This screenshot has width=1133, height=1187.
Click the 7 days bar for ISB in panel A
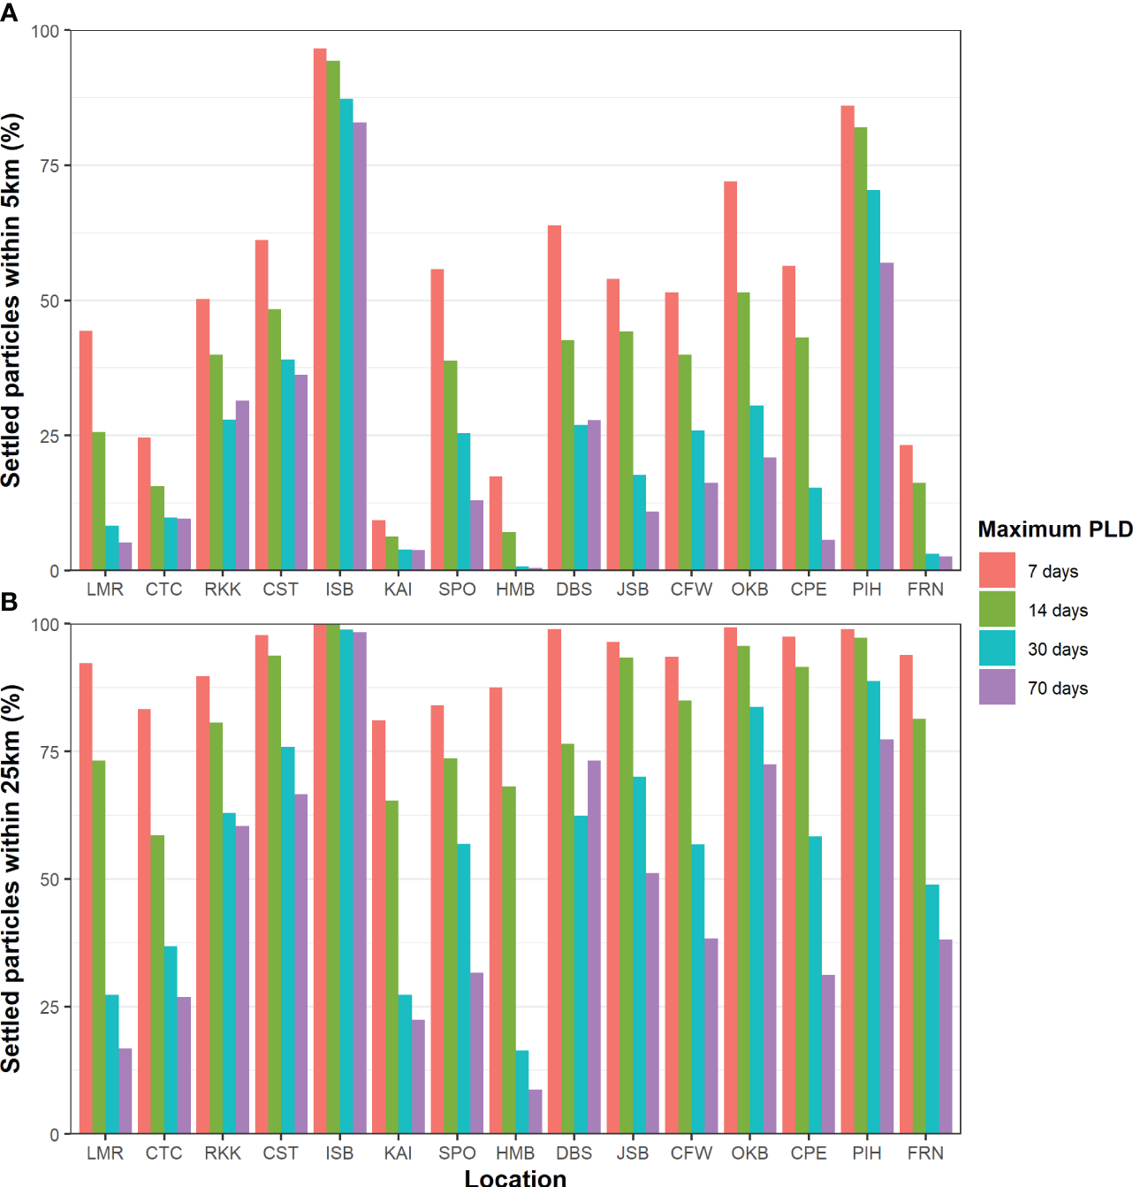320,309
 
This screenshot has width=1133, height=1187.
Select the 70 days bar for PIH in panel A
886,416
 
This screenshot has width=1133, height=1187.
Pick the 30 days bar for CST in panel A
288,465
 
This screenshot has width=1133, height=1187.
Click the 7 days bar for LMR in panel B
86,898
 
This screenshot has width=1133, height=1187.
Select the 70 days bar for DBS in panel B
594,947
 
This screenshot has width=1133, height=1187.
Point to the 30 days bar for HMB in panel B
522,1092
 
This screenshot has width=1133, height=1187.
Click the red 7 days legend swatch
997,570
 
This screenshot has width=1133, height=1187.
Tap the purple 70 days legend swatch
997,687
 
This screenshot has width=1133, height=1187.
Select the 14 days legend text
1057,611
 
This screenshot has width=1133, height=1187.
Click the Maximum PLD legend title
1054,529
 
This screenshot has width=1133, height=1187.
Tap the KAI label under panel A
398,590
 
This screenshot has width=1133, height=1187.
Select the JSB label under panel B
632,1153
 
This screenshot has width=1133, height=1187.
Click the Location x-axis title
515,1177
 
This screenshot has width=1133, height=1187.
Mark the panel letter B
10,603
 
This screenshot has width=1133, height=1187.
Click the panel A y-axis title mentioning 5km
11,301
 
